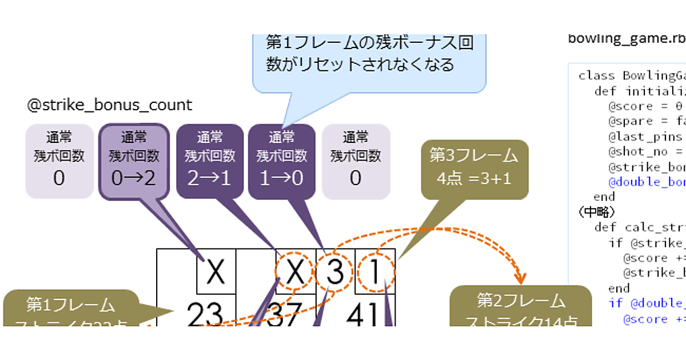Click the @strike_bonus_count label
coord(109,105)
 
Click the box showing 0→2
coord(134,162)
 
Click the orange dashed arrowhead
coord(520,279)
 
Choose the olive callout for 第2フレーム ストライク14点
coord(520,309)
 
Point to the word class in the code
coord(597,75)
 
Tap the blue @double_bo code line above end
coord(646,182)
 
